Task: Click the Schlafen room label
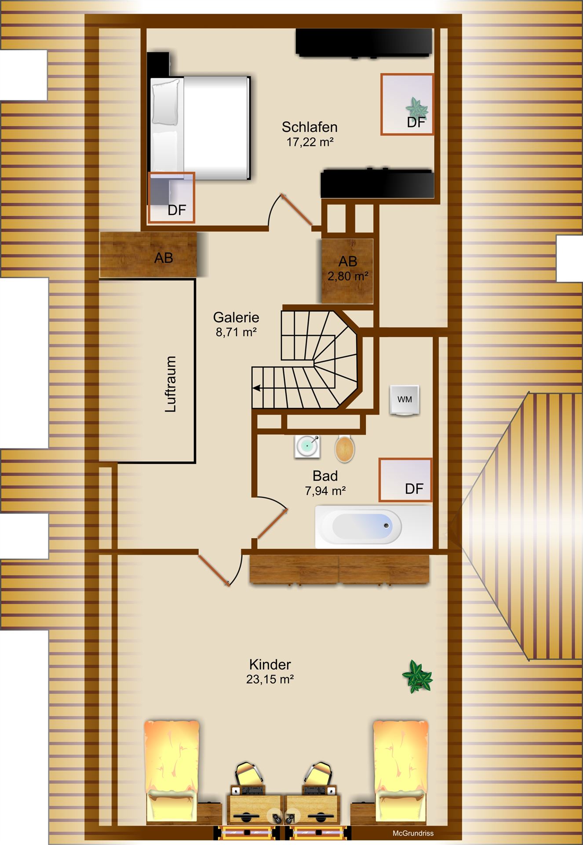point(310,127)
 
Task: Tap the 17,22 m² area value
point(310,142)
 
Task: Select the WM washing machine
point(404,400)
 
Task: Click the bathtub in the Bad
point(373,526)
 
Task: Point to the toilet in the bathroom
point(345,449)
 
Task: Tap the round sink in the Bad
point(307,447)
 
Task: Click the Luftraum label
point(171,384)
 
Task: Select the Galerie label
point(236,317)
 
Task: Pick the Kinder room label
point(270,665)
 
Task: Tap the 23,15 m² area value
point(270,680)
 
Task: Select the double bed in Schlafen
point(200,128)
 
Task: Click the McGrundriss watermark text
point(413,833)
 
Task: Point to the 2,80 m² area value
point(348,276)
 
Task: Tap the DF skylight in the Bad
point(405,480)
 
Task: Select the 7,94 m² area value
point(325,491)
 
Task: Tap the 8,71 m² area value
point(236,332)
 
